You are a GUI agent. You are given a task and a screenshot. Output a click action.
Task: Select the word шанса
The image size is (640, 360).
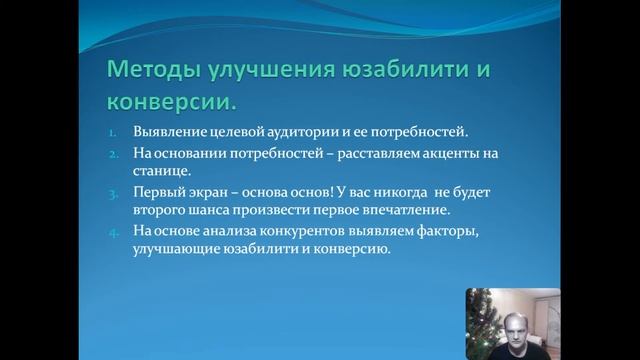pyautogui.click(x=208, y=212)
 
